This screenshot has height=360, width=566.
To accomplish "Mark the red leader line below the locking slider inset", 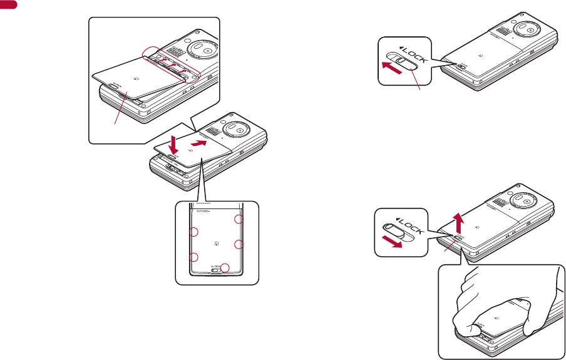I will pos(416,80).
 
